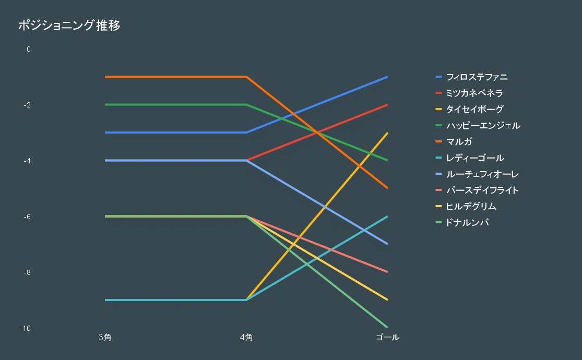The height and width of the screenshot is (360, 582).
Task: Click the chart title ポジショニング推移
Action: tap(69, 26)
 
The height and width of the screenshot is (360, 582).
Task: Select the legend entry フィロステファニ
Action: tap(477, 77)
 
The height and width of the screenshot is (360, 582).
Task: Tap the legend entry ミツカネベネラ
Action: tap(474, 93)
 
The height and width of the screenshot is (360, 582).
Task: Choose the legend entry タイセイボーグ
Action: tap(474, 110)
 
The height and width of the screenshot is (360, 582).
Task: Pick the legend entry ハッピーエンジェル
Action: tap(483, 126)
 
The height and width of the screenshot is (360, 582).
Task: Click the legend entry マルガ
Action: tap(459, 142)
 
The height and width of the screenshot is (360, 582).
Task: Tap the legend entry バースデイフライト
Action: tap(482, 190)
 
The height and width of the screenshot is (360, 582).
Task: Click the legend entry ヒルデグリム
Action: tap(471, 207)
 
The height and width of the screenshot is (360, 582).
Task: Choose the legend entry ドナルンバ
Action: tap(467, 223)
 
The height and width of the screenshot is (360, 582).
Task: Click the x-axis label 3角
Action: tap(105, 338)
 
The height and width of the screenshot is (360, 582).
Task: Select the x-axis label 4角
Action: tap(246, 338)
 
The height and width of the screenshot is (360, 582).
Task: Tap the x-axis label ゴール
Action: tap(387, 338)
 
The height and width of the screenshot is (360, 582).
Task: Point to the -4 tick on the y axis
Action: tap(27, 161)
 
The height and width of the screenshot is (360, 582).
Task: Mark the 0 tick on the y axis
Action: tap(29, 49)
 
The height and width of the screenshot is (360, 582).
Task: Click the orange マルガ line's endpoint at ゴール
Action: tap(387, 188)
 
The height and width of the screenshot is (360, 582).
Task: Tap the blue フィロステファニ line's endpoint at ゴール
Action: tap(387, 77)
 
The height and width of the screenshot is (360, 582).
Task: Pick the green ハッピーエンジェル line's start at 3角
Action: tap(105, 104)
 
